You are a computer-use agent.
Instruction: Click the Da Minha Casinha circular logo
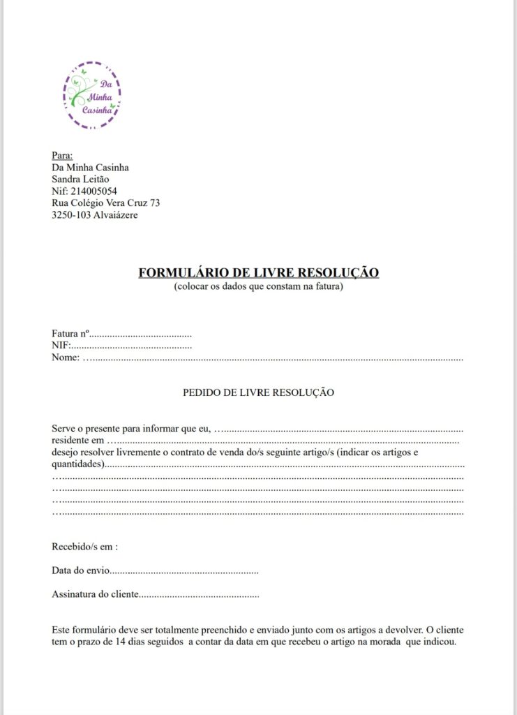pos(93,96)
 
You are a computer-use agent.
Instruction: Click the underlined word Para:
pos(62,155)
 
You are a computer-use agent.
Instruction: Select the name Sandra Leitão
pos(80,179)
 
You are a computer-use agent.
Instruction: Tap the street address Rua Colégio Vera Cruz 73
pos(106,203)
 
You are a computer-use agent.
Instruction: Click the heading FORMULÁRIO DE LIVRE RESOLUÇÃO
pos(259,272)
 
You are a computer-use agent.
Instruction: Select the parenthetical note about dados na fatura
pos(259,286)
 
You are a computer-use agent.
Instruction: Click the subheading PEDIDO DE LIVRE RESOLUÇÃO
pos(258,392)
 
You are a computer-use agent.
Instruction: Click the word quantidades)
pos(79,464)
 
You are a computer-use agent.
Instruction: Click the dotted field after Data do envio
pos(184,571)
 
